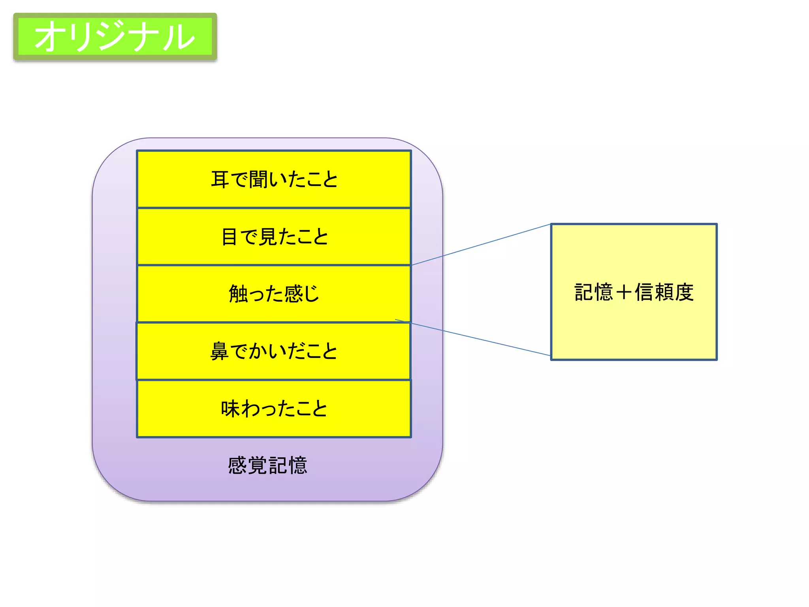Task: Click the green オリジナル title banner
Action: click(115, 36)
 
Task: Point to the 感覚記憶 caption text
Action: click(267, 465)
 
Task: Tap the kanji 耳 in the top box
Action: click(220, 179)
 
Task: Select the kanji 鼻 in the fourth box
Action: click(219, 351)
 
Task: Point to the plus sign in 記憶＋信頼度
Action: click(624, 292)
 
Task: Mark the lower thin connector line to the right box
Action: click(474, 338)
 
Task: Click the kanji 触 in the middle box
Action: click(238, 294)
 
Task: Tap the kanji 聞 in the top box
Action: click(258, 179)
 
